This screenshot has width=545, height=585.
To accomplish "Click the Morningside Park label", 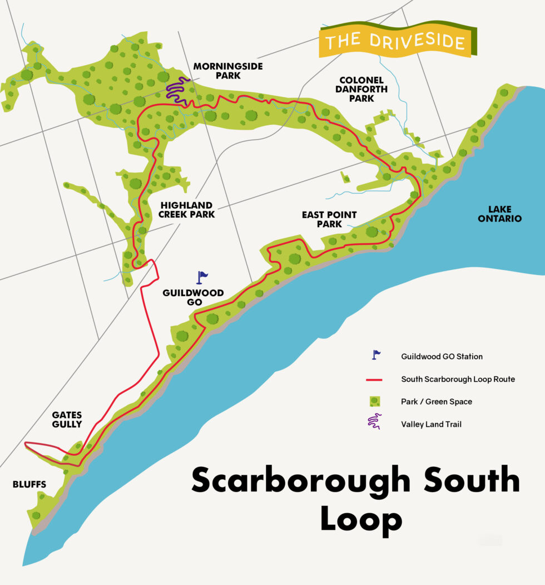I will click(x=227, y=71).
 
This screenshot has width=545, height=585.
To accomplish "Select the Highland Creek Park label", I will click(x=186, y=209).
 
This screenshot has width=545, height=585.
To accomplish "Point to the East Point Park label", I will click(x=329, y=219).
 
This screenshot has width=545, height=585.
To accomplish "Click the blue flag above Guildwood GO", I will click(x=201, y=277).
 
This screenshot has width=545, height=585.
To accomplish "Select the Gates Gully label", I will click(x=67, y=419).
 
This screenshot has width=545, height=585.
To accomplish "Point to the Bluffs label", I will click(x=29, y=484).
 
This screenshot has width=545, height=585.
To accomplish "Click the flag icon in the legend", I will click(x=376, y=355).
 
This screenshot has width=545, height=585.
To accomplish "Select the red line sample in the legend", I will click(x=374, y=380).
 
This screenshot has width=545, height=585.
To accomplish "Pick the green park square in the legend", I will click(x=374, y=401).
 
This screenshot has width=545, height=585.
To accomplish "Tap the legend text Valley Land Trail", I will click(x=431, y=424).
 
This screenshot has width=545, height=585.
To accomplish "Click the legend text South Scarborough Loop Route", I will click(x=458, y=379).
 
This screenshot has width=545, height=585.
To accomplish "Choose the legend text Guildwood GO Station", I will click(x=442, y=356).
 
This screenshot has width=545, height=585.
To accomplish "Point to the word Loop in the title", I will click(x=361, y=521).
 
